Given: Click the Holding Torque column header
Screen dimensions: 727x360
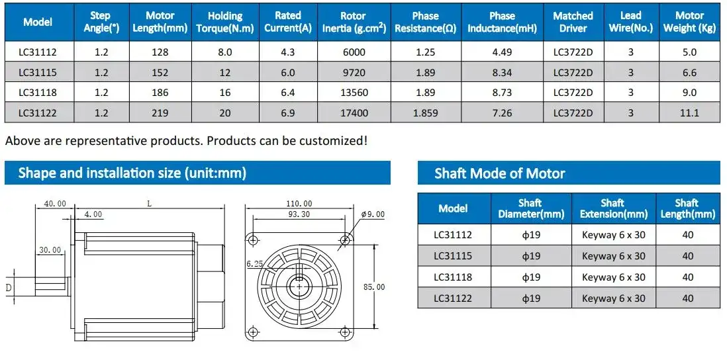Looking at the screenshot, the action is coord(225,22).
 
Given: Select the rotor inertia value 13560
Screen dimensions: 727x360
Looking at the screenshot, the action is coord(354,93).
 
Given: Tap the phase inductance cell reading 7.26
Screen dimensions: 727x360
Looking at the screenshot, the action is coord(502,112).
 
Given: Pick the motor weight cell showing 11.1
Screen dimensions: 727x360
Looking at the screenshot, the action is coord(689,112).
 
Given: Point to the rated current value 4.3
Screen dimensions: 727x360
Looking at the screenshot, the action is coord(287,52).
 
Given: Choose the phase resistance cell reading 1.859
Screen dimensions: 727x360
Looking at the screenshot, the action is coord(425,112).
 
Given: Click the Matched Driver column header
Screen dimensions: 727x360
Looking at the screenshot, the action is coord(573,22).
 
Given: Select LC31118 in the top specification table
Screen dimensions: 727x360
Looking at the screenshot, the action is coord(38,93).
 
